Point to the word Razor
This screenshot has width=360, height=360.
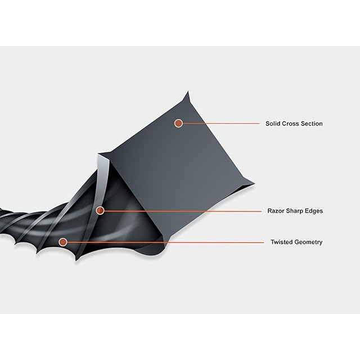[275, 211]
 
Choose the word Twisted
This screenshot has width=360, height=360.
[279, 242]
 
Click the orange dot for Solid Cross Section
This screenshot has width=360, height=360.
[178, 123]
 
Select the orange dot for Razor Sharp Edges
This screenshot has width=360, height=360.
[100, 211]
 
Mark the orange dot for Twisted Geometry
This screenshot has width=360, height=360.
[63, 242]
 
